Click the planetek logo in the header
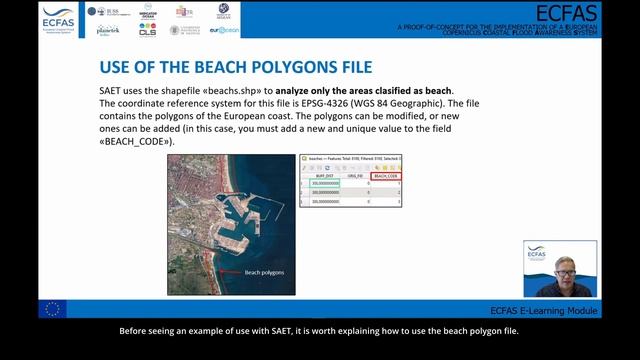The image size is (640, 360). click(x=108, y=31)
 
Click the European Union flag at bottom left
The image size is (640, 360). click(x=51, y=309)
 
